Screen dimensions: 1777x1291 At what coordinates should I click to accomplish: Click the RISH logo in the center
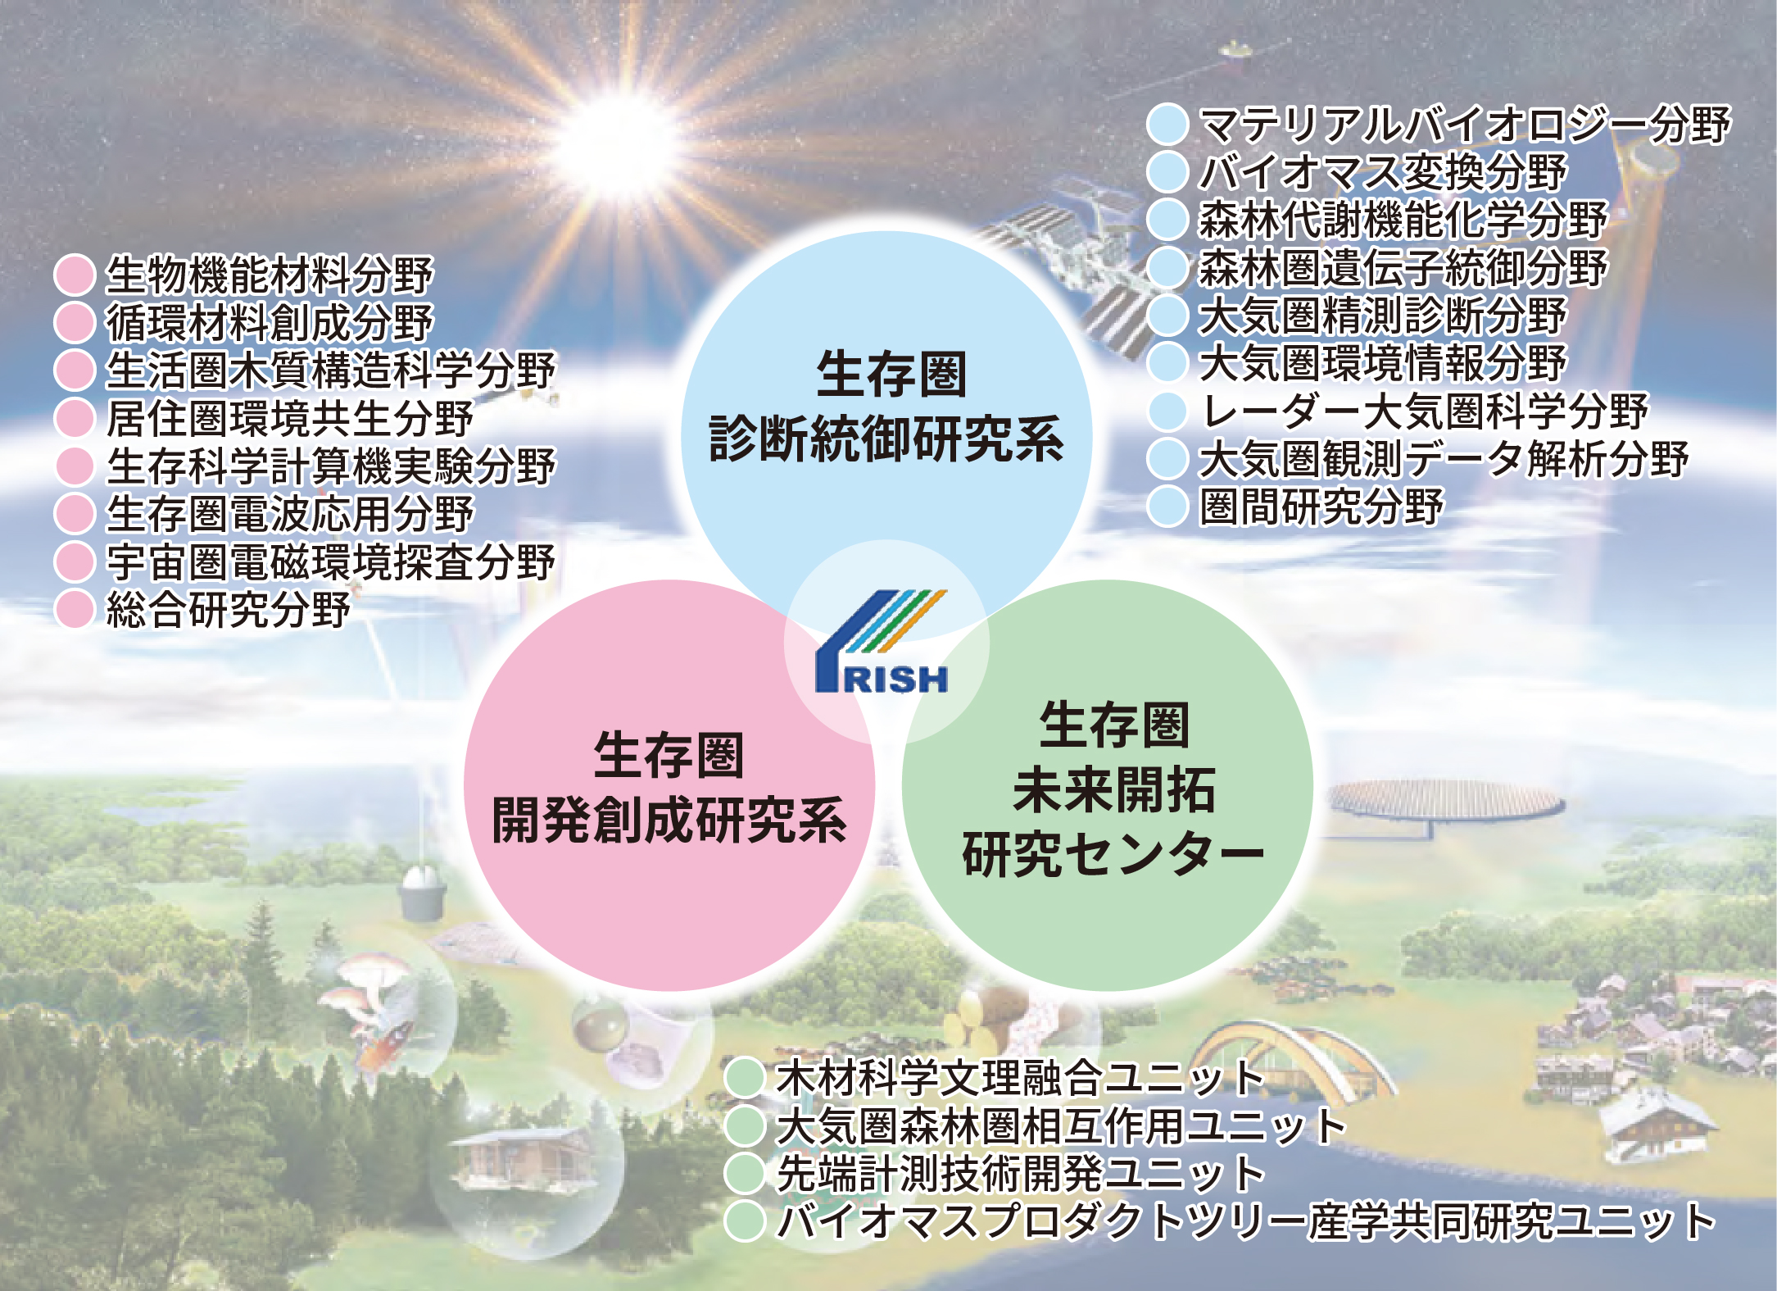point(882,642)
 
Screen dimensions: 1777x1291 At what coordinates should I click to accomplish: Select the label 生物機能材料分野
point(270,275)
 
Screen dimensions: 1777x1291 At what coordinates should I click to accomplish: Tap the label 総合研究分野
point(229,609)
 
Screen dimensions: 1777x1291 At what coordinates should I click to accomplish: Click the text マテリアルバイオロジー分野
point(1465,125)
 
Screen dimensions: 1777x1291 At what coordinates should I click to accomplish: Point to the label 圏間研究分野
point(1321,506)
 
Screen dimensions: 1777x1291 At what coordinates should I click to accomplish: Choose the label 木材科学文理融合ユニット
point(1021,1077)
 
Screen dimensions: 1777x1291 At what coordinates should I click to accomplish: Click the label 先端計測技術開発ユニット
point(1021,1173)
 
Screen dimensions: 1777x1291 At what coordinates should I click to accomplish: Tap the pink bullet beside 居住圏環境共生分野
point(75,418)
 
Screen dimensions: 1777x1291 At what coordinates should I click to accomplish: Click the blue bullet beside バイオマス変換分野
point(1167,172)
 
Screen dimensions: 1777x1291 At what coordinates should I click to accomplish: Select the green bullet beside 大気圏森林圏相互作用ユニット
point(745,1125)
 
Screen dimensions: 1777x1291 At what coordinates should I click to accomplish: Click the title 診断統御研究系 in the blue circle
point(886,439)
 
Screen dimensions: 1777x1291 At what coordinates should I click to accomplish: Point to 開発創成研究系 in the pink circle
point(669,820)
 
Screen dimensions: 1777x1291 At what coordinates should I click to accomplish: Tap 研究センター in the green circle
point(1113,854)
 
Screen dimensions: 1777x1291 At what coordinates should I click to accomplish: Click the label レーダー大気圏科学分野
point(1424,411)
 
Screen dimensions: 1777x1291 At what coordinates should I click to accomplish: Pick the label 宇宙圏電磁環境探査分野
point(331,561)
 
